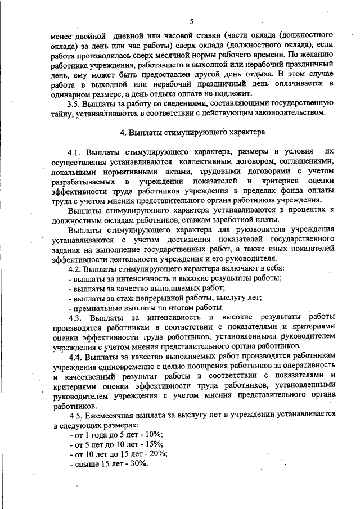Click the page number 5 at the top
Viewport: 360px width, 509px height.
191,21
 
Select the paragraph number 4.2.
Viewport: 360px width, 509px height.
75,269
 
